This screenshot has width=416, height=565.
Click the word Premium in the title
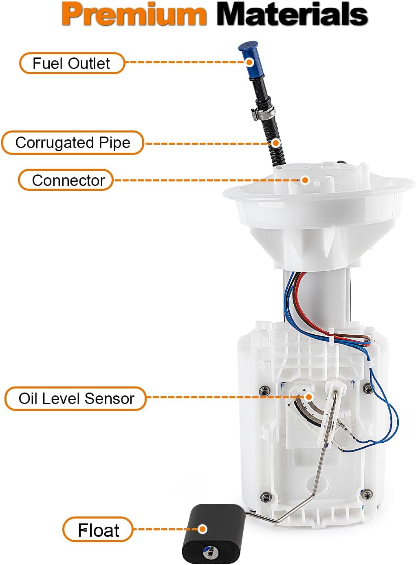tap(134, 15)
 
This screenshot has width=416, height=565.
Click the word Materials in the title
tap(292, 15)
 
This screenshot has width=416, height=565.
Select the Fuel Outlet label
tap(72, 63)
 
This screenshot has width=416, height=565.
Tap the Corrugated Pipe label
tap(73, 143)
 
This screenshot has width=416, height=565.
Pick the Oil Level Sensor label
tap(76, 398)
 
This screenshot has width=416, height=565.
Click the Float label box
tap(98, 530)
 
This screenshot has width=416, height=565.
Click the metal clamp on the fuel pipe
tap(264, 112)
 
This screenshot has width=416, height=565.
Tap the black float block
tap(212, 534)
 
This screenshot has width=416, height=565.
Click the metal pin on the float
tap(211, 552)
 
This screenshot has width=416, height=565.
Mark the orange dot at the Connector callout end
tap(305, 180)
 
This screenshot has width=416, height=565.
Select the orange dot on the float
tap(202, 529)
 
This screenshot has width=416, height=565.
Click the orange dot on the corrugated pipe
tap(276, 143)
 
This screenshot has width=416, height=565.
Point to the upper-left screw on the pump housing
tap(264, 390)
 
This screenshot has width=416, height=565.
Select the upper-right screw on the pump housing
tap(368, 388)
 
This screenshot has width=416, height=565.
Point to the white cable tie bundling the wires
tap(331, 337)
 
